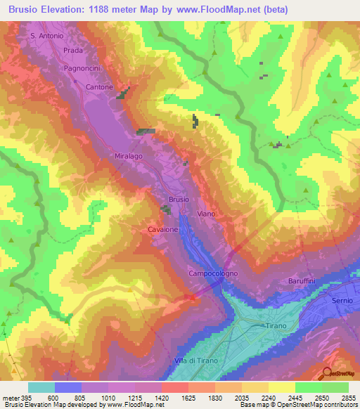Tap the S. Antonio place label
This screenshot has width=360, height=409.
47,35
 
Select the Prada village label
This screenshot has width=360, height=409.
73,51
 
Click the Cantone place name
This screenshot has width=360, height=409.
98,86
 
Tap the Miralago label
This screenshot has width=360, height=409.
109,156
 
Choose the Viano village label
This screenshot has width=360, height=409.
206,213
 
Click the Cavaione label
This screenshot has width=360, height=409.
162,229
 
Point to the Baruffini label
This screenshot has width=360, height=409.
304,281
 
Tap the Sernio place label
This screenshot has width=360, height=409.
342,300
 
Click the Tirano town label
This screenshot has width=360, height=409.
276,326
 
